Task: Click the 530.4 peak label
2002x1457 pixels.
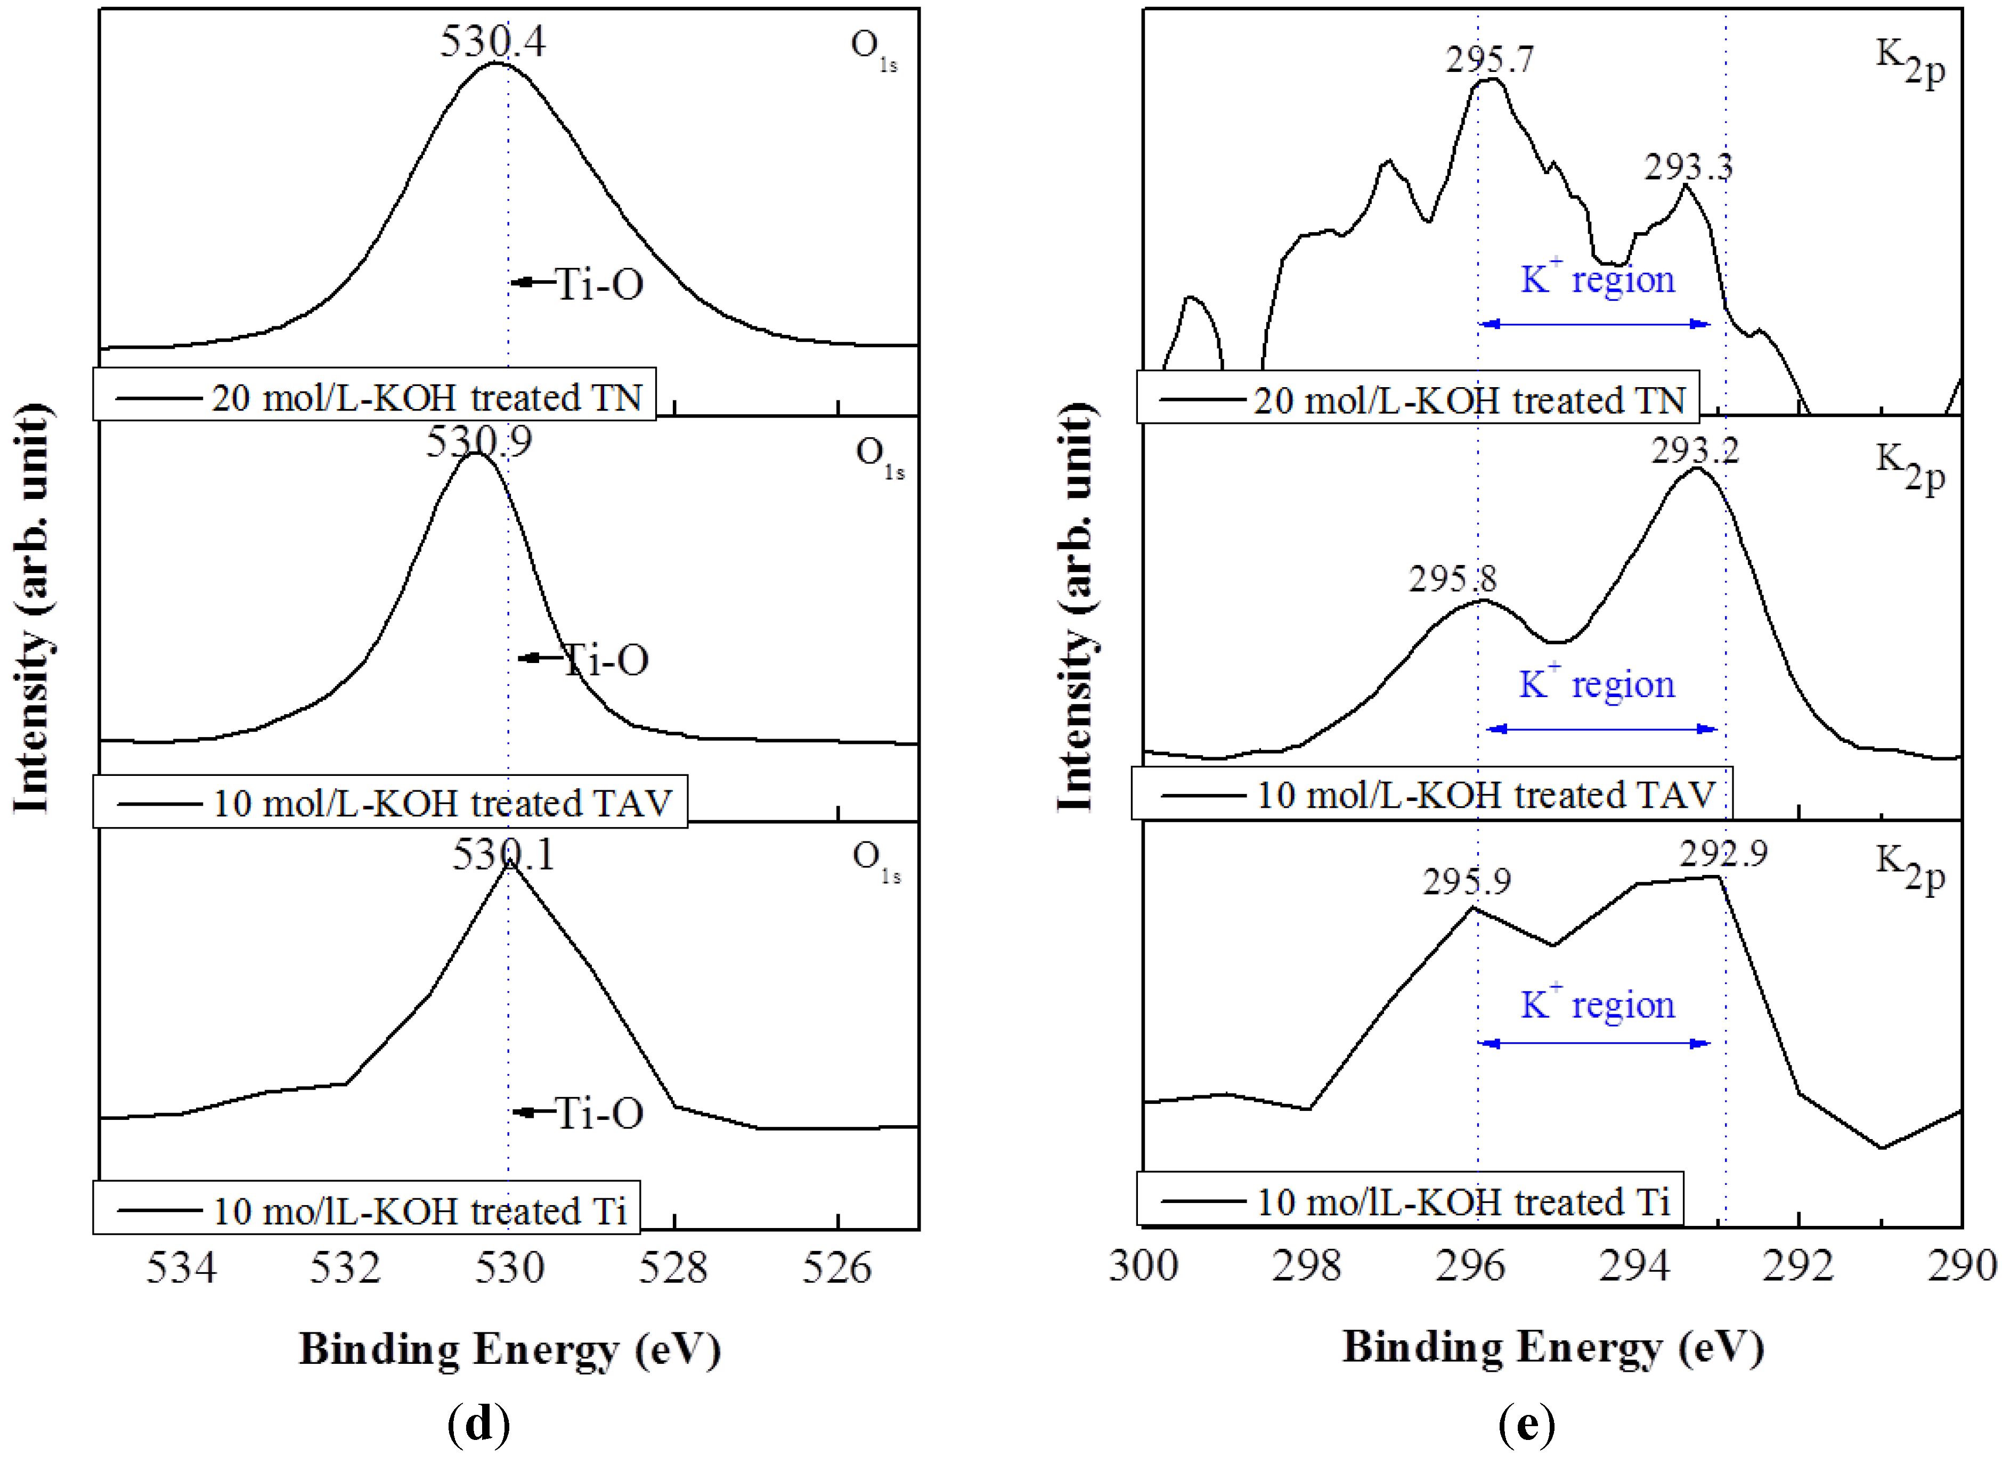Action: (x=493, y=42)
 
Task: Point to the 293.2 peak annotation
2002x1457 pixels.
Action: (x=1695, y=451)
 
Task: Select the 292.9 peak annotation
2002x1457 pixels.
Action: (x=1723, y=853)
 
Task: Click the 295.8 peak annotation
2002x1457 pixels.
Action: (x=1452, y=579)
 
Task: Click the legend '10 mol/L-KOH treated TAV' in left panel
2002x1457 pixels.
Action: (x=390, y=802)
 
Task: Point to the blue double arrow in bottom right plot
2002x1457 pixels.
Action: (x=1594, y=1043)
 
